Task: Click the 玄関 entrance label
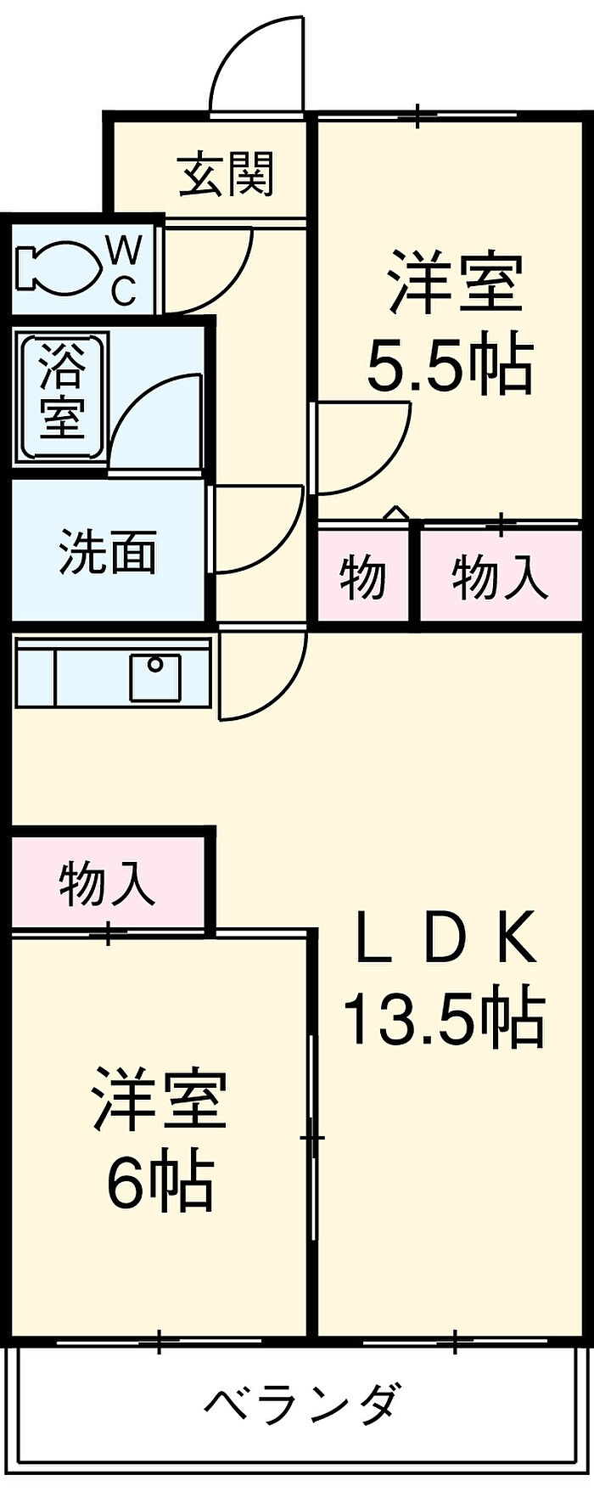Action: click(227, 174)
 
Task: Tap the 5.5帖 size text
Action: click(450, 366)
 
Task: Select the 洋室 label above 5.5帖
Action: click(455, 280)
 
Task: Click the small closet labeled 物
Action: click(364, 575)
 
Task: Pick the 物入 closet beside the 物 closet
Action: click(501, 575)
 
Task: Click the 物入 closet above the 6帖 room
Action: click(107, 882)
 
